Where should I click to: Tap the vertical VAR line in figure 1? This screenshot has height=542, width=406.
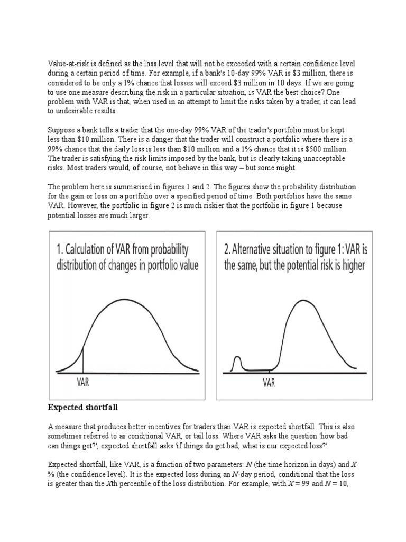[x=83, y=359]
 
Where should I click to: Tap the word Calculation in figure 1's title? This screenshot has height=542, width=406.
[x=98, y=249]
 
